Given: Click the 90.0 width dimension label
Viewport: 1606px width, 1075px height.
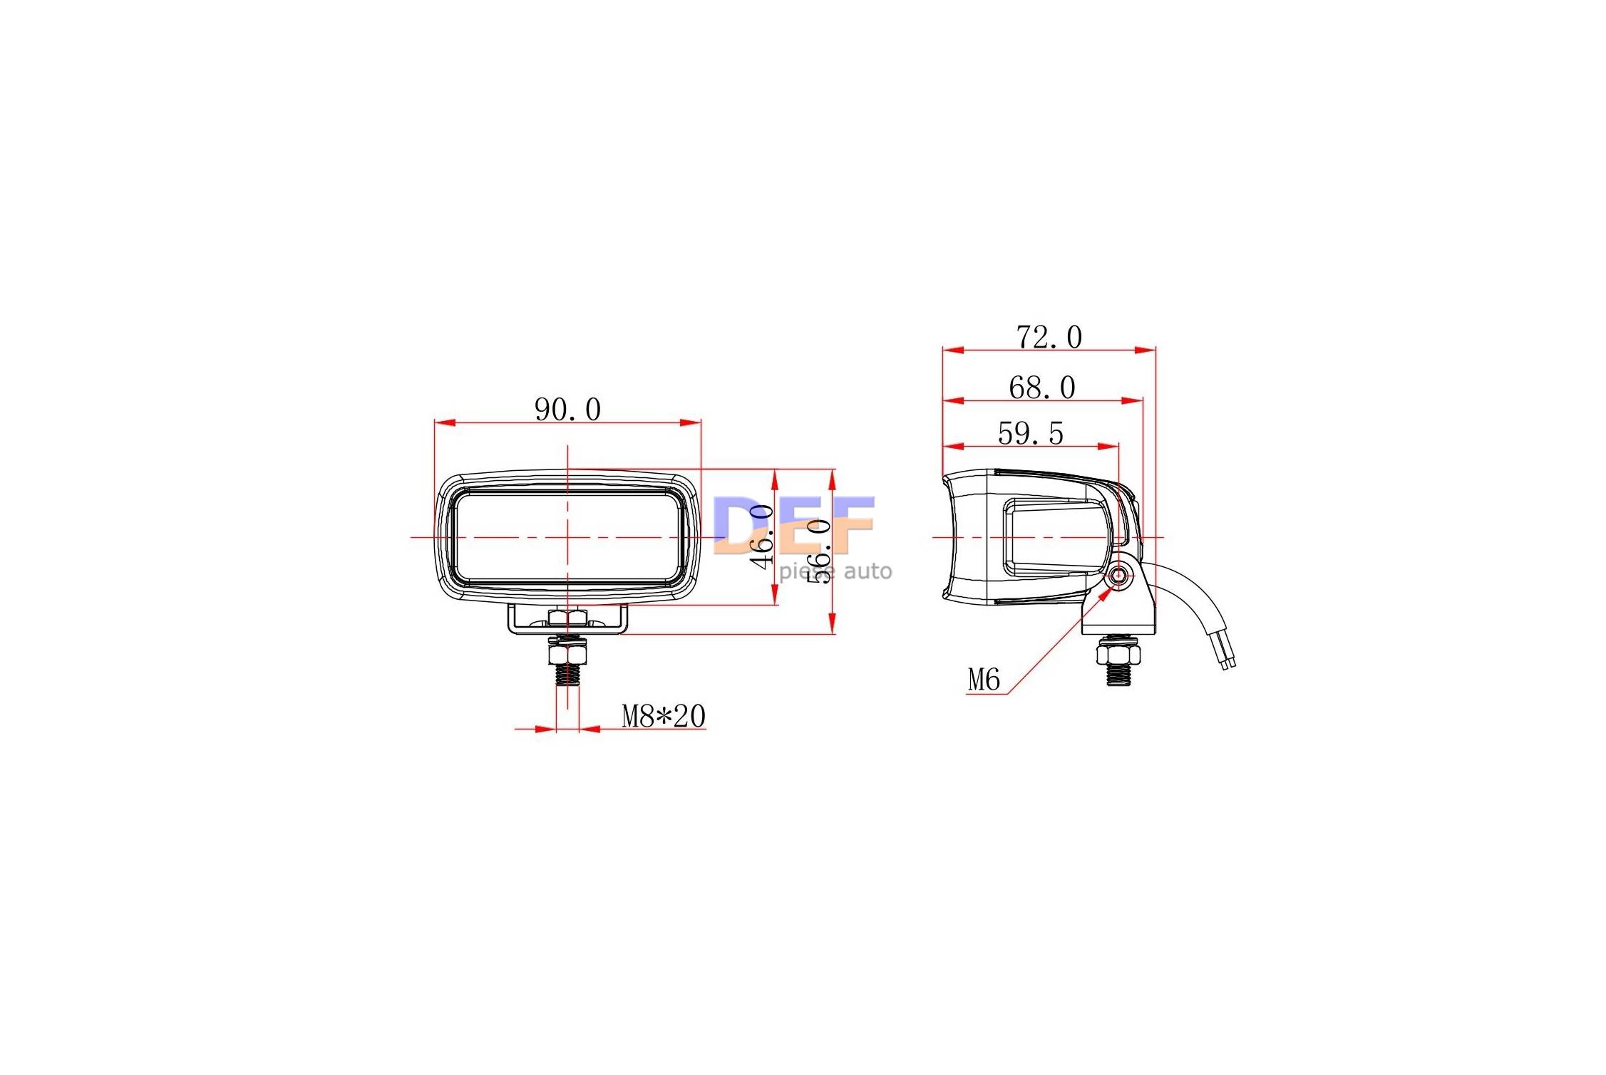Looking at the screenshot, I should [x=567, y=410].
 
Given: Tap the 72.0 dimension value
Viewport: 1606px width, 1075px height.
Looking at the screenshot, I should [x=1049, y=337].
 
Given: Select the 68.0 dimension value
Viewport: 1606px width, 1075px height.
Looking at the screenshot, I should [x=1041, y=388].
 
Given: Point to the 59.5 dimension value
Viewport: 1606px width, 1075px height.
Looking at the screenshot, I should [x=1030, y=433].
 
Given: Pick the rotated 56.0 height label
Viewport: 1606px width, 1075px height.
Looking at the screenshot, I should [x=820, y=551].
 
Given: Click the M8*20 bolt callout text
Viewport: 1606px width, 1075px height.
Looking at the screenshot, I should [x=663, y=716].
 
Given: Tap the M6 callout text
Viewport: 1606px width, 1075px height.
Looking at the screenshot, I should [x=984, y=680].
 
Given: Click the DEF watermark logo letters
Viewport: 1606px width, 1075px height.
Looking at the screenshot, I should [x=793, y=525].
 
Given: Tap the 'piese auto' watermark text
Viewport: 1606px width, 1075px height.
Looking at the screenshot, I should [x=835, y=571].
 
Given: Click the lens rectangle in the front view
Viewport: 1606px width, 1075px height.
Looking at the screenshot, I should [x=567, y=538].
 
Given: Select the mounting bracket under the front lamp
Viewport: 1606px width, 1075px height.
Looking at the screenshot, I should [x=567, y=620].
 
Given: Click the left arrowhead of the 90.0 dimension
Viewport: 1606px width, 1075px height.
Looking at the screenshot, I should [x=445, y=422].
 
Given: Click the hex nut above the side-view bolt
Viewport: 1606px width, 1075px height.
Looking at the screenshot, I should [x=1118, y=653].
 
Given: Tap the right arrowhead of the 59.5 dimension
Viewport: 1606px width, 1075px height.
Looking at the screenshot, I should [x=1108, y=447].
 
